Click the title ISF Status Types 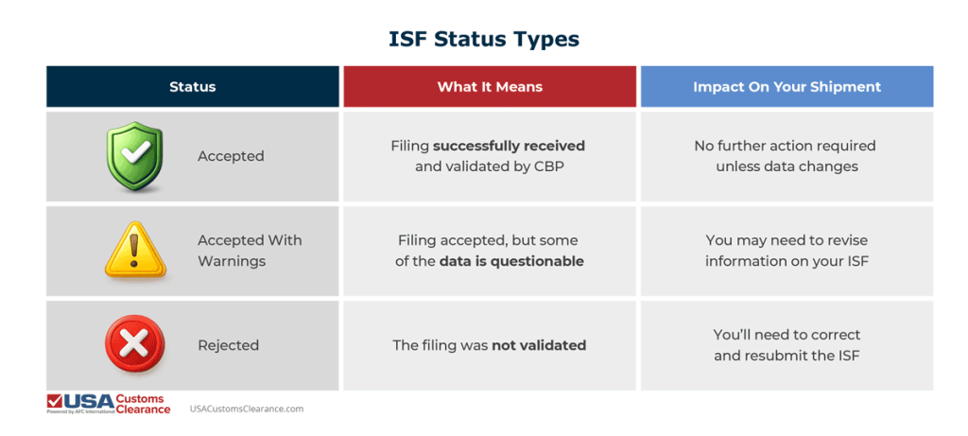coord(484,40)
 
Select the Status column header coord(193,87)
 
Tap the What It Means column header coord(490,87)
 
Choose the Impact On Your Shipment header coord(786,87)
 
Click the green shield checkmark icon coord(134,157)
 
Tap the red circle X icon coord(134,345)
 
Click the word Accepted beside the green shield coord(231,157)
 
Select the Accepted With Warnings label coord(250,251)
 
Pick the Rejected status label coord(228,345)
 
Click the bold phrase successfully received coord(509,147)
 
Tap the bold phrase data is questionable coord(510,261)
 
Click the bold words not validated coord(538,345)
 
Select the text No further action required coord(785,147)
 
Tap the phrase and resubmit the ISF coord(786,356)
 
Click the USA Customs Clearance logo coord(109,404)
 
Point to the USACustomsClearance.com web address coord(246,409)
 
